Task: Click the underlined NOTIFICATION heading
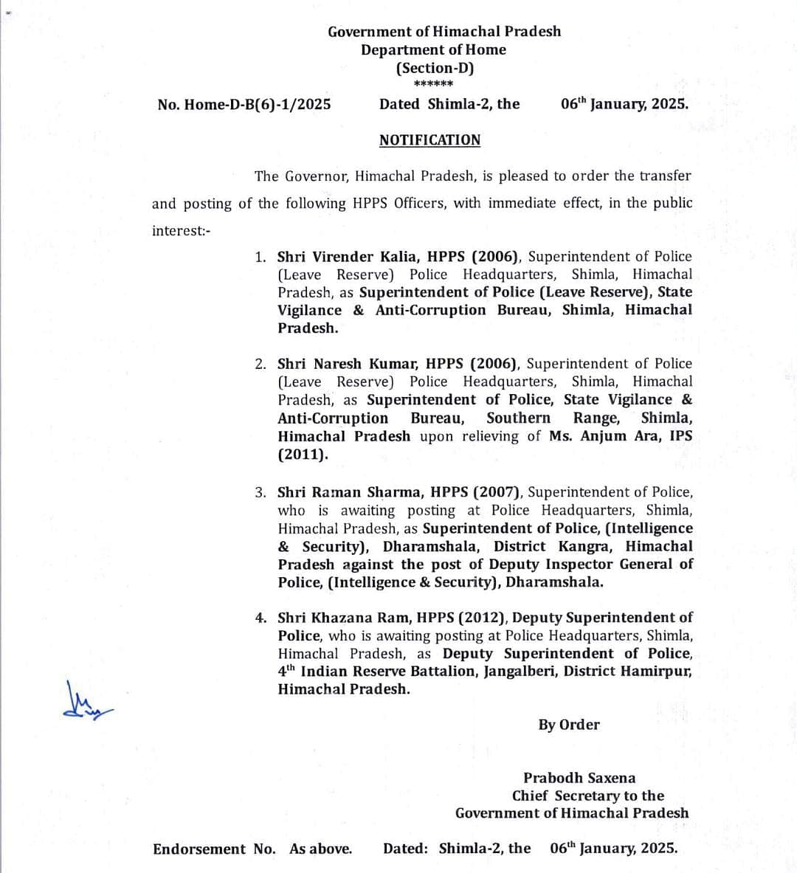tap(429, 140)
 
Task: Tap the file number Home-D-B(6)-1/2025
tap(257, 104)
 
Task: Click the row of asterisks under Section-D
tap(434, 84)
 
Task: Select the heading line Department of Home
tap(433, 49)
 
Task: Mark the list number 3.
tap(261, 492)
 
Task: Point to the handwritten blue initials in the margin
tap(87, 703)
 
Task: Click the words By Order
tap(569, 725)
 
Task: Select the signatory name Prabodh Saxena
tap(579, 778)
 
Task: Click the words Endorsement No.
tap(213, 849)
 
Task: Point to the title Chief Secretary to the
tap(588, 796)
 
